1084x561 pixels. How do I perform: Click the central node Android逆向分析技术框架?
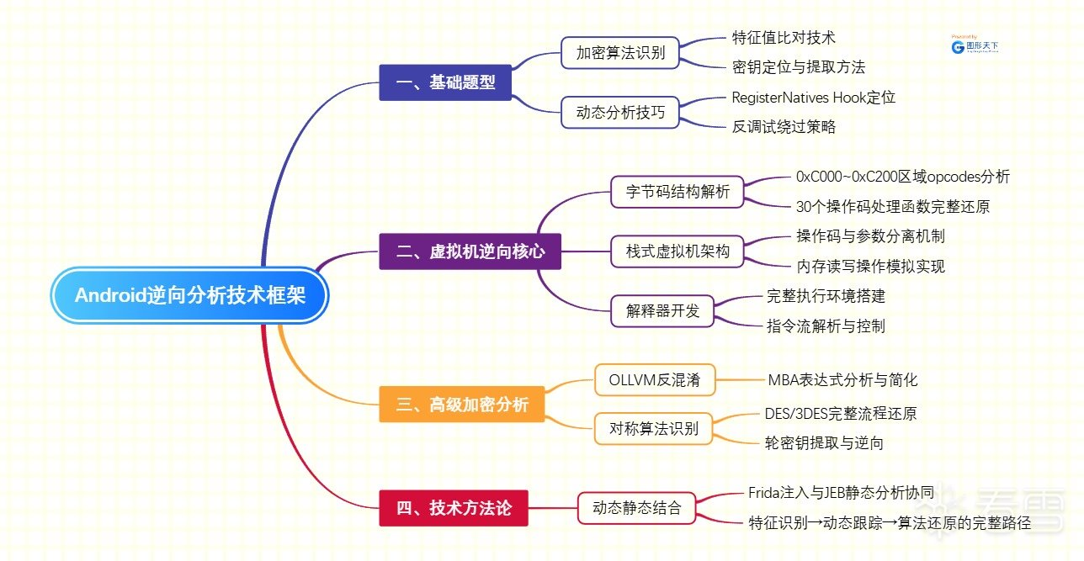[189, 295]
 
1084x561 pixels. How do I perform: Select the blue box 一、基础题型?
[445, 82]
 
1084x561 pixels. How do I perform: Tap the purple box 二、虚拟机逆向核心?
[470, 251]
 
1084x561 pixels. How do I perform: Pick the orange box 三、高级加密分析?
[461, 405]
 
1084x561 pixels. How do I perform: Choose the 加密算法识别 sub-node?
[620, 52]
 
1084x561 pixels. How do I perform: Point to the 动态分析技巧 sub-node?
[620, 112]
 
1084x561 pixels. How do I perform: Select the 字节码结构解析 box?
[677, 191]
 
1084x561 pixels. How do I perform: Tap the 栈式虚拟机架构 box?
[677, 251]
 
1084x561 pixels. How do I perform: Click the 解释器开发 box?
[662, 310]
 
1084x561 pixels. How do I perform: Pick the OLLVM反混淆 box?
[654, 379]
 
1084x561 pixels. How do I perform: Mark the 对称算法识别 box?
[654, 428]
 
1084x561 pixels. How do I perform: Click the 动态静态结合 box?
[636, 508]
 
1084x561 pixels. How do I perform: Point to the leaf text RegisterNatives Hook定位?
[813, 98]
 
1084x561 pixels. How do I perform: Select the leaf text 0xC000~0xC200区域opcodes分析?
[902, 177]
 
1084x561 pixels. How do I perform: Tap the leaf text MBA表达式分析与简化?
[842, 380]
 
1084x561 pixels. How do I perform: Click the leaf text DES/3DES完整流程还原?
[840, 413]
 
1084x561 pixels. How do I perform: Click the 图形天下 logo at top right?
[975, 47]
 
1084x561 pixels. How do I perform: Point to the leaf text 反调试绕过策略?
[784, 127]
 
